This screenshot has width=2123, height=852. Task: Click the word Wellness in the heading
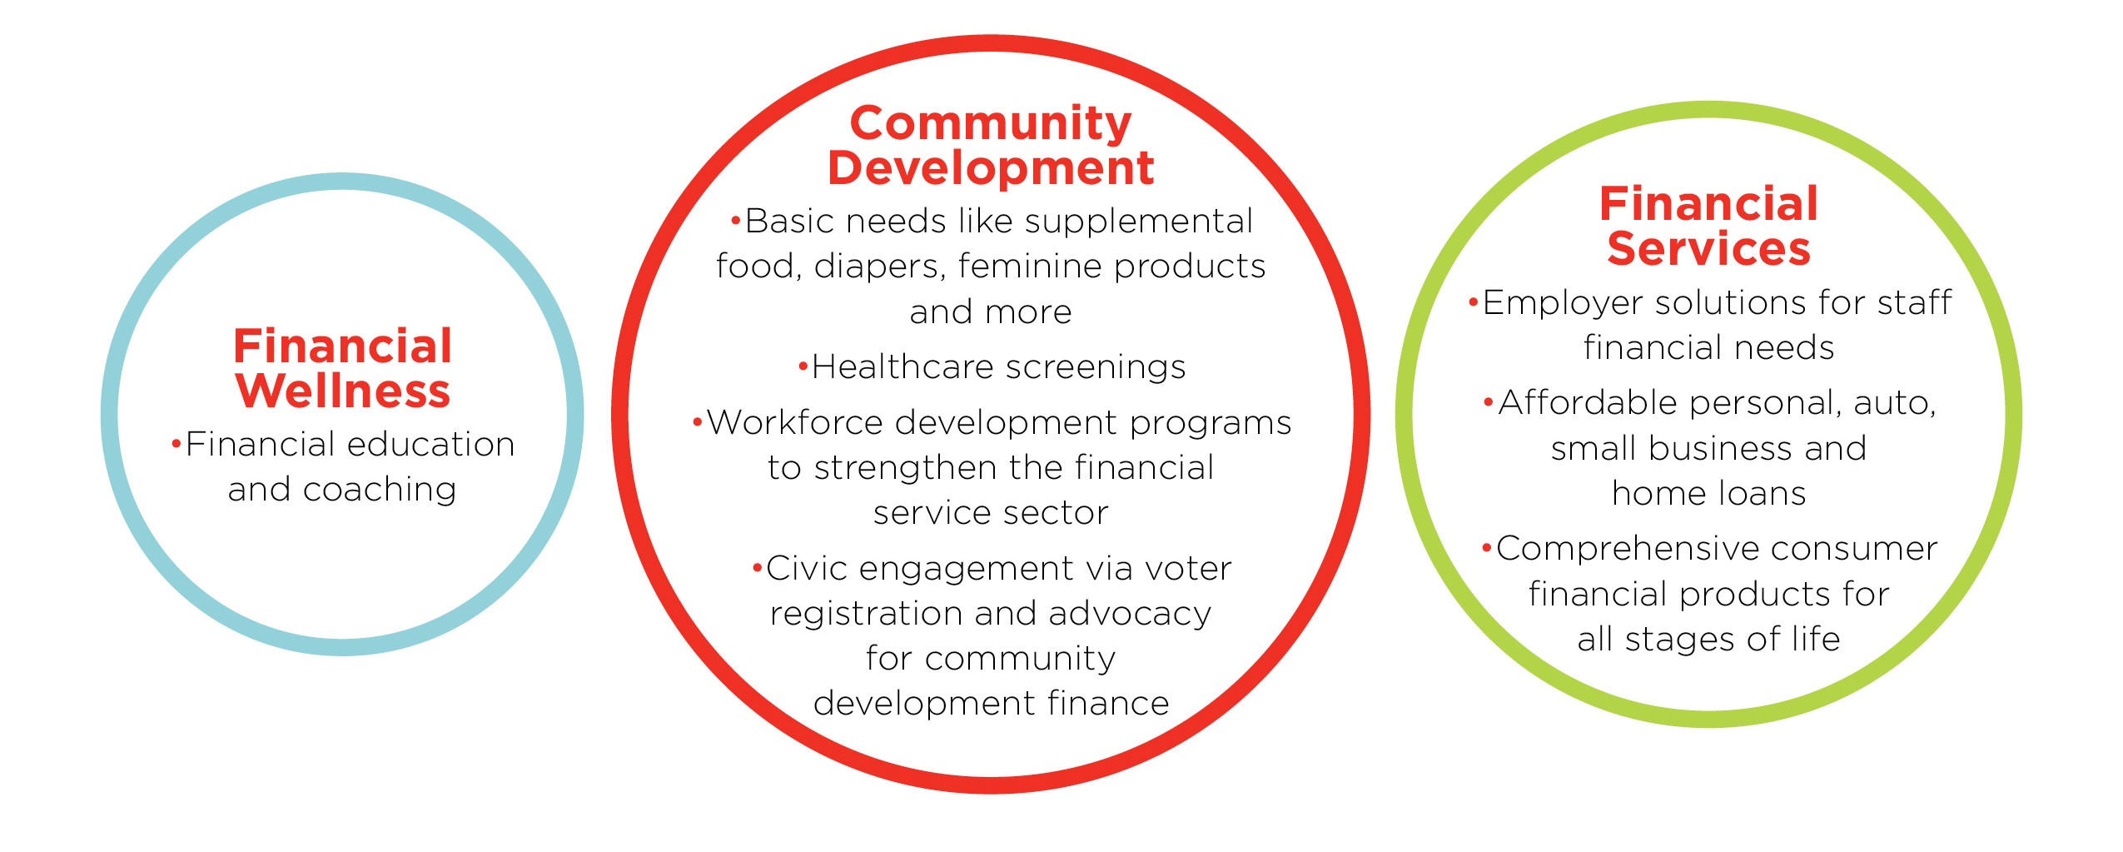coord(343,391)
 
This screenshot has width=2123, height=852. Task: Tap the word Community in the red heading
coord(991,123)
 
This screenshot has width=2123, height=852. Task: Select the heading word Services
coord(1708,248)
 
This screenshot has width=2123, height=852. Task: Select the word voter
coord(1188,569)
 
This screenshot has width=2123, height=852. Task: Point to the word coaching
coord(380,490)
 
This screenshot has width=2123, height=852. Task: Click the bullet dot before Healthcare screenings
coord(803,366)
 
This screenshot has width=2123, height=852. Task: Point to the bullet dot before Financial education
coord(176,443)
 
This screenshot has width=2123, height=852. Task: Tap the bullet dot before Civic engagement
coord(757,568)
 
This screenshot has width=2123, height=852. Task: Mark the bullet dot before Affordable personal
coord(1489,403)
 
